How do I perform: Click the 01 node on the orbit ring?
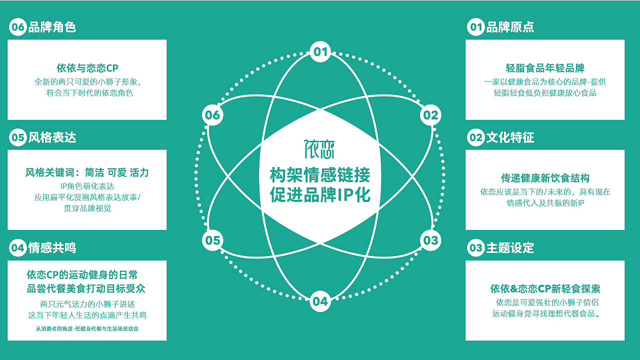pos(320,52)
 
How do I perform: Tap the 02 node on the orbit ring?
pos(430,115)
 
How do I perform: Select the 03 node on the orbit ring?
pos(430,240)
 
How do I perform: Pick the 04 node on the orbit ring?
pos(320,301)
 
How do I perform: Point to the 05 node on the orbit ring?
pos(212,240)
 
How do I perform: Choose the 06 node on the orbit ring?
pos(212,115)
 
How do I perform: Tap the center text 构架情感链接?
pos(320,175)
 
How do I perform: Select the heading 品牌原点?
pos(510,27)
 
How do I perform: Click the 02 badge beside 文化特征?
pos(476,137)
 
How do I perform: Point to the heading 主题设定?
pos(510,248)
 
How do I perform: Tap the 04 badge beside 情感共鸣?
pos(18,248)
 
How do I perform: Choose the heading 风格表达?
pos(52,137)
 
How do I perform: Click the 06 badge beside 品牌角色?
pos(18,27)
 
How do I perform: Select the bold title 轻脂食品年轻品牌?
pos(545,68)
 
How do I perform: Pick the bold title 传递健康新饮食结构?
pos(545,178)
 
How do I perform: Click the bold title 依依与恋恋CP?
pos(87,68)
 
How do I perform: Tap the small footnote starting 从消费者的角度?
pos(87,328)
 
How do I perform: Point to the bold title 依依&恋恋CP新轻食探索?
pos(545,289)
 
